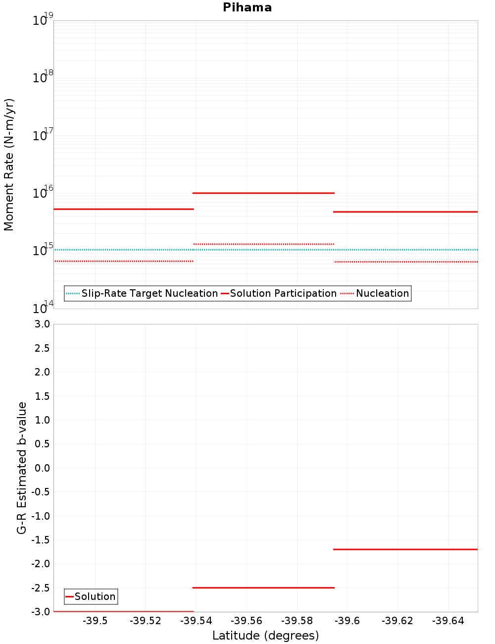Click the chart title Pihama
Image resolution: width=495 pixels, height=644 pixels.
(247, 7)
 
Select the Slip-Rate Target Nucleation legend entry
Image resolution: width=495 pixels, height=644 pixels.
(142, 293)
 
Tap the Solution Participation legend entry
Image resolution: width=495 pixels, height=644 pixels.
(279, 293)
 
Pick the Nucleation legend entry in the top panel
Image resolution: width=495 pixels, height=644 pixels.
(375, 293)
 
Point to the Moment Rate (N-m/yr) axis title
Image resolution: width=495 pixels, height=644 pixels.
(9, 164)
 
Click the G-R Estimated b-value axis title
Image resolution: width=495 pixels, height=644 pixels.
(22, 468)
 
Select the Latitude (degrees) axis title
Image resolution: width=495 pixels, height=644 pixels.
(265, 636)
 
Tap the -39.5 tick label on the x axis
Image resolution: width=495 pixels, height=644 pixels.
(95, 621)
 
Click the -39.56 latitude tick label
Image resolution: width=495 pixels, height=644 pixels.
(247, 621)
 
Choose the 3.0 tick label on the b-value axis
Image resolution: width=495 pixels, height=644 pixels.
(42, 324)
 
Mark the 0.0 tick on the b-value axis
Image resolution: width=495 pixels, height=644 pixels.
(42, 468)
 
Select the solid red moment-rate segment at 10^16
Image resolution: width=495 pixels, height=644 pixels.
(263, 193)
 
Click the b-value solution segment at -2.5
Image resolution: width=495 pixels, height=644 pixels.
(263, 588)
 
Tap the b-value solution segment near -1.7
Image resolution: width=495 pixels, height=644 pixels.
(405, 549)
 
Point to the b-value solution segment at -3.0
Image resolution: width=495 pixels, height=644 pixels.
(124, 611)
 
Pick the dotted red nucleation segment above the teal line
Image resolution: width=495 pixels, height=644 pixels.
(263, 244)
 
